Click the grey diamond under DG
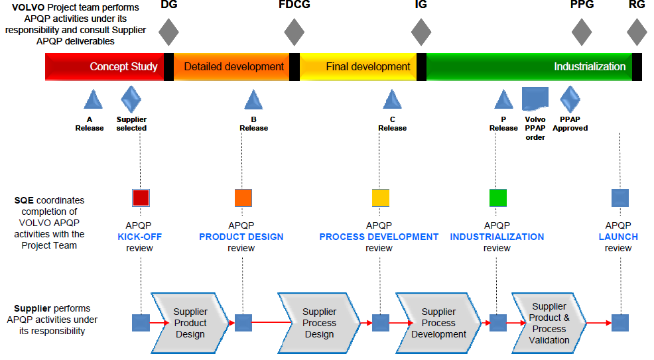tap(169, 32)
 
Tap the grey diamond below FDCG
tap(294, 32)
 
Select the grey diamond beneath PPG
tap(582, 32)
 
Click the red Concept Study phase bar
tap(104, 67)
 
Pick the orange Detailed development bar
tap(231, 67)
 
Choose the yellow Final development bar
tap(358, 67)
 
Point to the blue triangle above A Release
tap(93, 99)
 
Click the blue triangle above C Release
tap(392, 99)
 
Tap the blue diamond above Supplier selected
tap(131, 99)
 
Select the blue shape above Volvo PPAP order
tap(535, 99)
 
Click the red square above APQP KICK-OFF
tap(141, 198)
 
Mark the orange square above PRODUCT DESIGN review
tap(243, 198)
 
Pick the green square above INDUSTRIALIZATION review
tap(498, 198)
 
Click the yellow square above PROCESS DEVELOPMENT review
tap(380, 198)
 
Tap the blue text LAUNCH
tap(618, 237)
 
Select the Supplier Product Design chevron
tap(190, 323)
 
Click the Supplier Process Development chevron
tap(438, 323)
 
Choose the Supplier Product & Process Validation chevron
tap(549, 323)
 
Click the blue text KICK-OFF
tap(140, 237)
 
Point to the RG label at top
tap(637, 5)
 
